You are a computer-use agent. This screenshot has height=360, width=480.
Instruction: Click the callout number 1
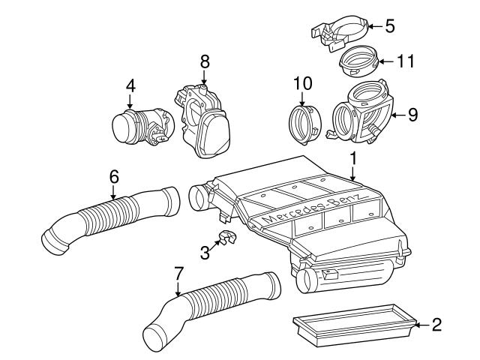pos(352,159)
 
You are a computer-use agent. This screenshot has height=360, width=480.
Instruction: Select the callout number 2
pos(436,325)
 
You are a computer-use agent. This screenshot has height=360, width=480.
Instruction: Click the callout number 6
pos(113,177)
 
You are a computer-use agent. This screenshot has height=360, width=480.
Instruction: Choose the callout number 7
pos(178,274)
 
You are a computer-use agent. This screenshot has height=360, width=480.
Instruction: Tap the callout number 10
pos(301,83)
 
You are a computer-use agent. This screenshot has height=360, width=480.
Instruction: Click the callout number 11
pos(406,61)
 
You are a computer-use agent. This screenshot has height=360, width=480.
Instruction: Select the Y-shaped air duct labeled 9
pos(364,112)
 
